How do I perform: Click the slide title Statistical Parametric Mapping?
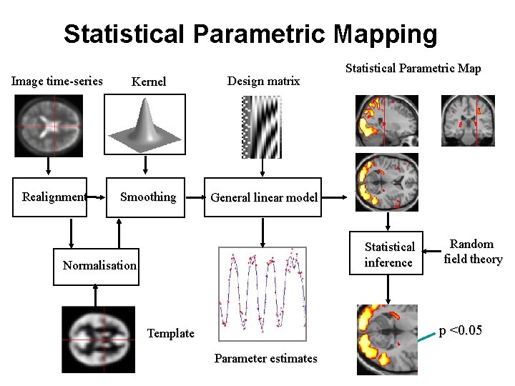(250, 34)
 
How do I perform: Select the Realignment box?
(54, 197)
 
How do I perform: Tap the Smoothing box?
(148, 197)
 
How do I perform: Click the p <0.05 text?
(460, 330)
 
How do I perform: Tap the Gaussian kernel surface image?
(145, 125)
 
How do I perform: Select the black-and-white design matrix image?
(263, 127)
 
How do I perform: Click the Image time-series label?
(57, 81)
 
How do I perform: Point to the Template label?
(170, 333)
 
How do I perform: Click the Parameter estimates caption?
(265, 359)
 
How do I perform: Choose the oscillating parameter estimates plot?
(263, 293)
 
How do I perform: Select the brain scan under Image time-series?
(49, 127)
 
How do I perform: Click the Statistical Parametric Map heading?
(413, 69)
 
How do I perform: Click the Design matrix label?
(263, 81)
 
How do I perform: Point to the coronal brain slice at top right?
(468, 120)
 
